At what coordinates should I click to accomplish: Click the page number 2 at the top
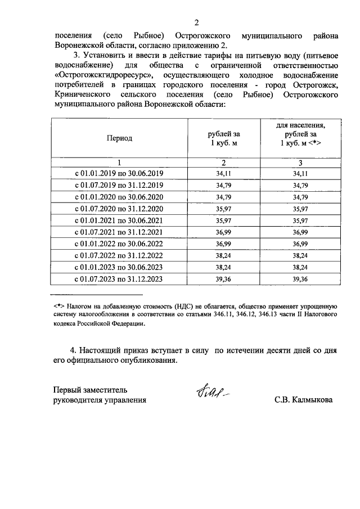[x=196, y=22]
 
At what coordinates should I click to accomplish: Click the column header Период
[x=119, y=138]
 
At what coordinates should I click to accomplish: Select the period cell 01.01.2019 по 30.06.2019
[x=119, y=174]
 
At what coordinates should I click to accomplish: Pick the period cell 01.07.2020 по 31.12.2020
[x=119, y=209]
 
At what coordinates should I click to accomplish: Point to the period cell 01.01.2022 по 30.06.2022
[x=119, y=244]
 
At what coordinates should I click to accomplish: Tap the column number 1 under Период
[x=119, y=163]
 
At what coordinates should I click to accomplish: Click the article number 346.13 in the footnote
[x=271, y=314]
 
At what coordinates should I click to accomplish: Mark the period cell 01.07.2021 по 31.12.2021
[x=119, y=232]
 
